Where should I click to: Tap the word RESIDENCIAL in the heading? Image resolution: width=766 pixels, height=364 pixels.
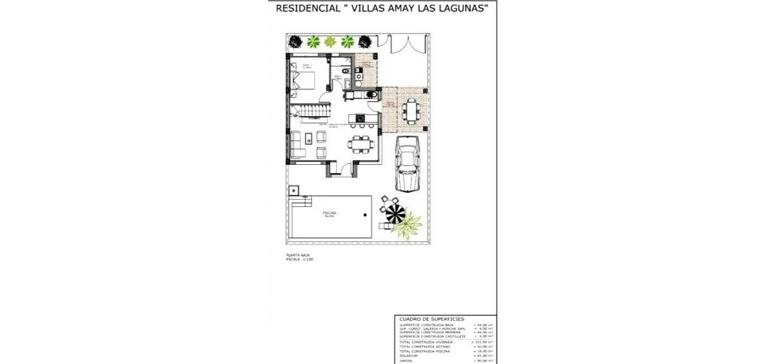point(308,8)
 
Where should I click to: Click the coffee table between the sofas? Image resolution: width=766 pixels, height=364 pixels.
point(309,139)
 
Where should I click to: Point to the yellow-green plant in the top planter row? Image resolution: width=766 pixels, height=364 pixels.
point(330,42)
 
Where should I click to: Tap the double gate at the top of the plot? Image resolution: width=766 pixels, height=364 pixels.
point(402,44)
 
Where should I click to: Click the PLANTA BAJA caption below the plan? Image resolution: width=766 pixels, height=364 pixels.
point(298,255)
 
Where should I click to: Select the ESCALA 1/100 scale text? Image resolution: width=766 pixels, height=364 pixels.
point(299,259)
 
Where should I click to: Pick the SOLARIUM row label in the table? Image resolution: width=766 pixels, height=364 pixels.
point(409,356)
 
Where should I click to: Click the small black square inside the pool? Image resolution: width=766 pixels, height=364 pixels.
point(365,215)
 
